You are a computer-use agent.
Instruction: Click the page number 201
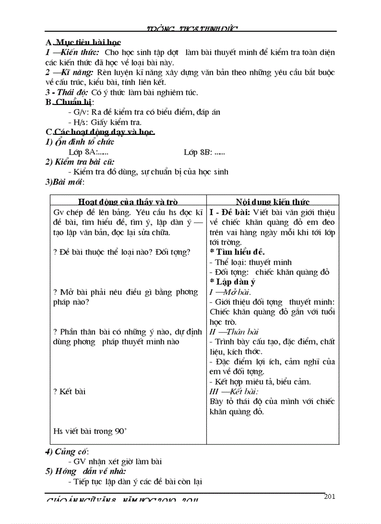(329, 496)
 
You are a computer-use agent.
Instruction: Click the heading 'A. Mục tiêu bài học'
(83, 42)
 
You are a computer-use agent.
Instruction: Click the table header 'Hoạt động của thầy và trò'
(128, 202)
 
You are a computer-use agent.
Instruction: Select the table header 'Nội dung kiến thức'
(273, 202)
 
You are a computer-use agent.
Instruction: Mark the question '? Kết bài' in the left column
(70, 391)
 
